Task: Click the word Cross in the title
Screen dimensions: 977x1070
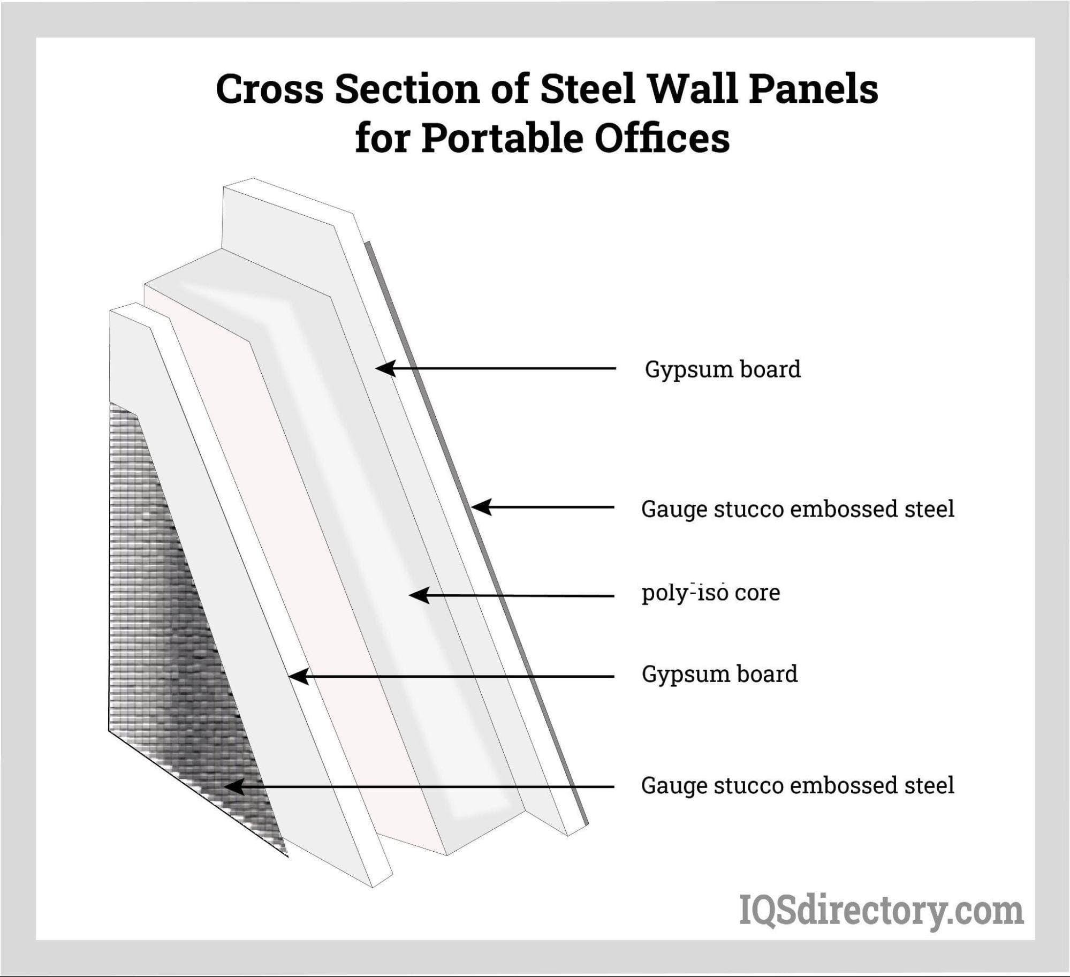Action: click(269, 89)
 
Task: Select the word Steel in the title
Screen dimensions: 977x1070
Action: click(587, 89)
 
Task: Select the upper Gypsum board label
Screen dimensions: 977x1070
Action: click(723, 369)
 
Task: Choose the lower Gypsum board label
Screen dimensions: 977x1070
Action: click(719, 674)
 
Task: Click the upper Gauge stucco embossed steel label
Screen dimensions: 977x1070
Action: click(798, 509)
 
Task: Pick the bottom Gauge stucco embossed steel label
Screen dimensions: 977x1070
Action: click(798, 785)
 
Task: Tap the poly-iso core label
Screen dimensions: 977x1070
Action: click(711, 593)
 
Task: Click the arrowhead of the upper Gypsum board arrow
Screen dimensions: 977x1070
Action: click(384, 368)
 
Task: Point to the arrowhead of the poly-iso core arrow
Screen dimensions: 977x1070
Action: click(419, 595)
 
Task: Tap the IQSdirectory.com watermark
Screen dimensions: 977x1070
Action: click(881, 911)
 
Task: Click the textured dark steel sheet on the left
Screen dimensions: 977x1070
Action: click(161, 616)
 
